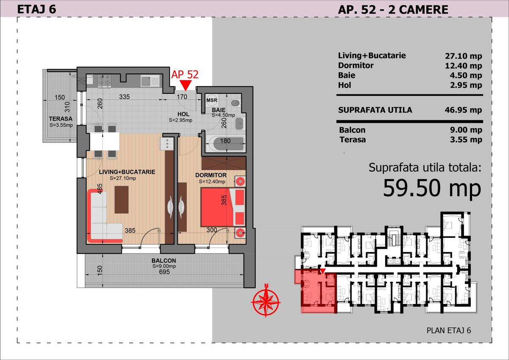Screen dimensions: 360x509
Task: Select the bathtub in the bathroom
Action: click(x=225, y=143)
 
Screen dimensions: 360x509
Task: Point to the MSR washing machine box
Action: click(x=212, y=100)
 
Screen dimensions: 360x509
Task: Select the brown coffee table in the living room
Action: click(x=122, y=200)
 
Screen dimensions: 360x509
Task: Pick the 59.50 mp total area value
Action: click(x=432, y=188)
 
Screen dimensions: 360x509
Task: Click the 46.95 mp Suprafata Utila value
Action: click(x=464, y=110)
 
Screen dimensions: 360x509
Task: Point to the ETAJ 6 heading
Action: click(x=36, y=8)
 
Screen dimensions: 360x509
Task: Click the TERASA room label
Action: click(x=61, y=119)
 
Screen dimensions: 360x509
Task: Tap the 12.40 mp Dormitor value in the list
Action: click(x=464, y=65)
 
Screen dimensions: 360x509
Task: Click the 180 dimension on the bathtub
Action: click(x=225, y=141)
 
